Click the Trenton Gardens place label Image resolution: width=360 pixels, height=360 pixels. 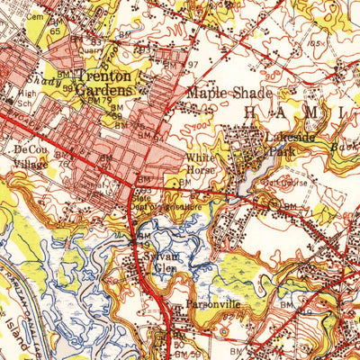[x=103, y=83]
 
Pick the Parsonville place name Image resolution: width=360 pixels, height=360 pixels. [x=208, y=305]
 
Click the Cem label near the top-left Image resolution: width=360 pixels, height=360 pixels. [x=35, y=16]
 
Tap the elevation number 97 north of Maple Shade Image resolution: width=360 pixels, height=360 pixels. [x=190, y=66]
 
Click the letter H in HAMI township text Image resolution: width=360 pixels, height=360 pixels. [x=252, y=111]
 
